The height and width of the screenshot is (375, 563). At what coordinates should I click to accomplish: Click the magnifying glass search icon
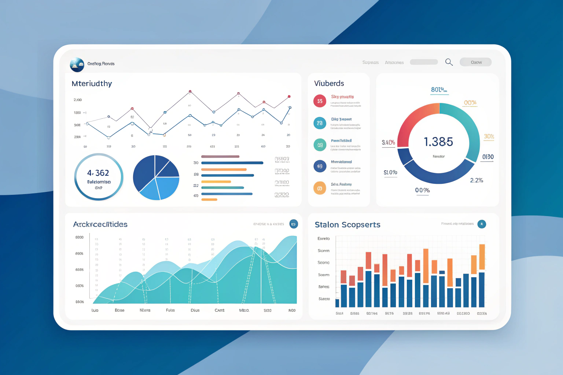449,62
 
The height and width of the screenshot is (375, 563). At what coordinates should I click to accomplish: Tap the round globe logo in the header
77,64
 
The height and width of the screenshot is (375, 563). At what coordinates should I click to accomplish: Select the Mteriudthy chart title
92,83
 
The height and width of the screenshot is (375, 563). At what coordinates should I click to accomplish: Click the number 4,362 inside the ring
98,173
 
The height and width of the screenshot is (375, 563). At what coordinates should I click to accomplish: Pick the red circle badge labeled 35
320,101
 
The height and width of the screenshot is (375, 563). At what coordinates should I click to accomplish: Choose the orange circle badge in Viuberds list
320,188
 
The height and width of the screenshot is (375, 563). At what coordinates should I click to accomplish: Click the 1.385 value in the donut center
438,142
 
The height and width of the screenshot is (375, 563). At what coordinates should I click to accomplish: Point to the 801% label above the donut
439,90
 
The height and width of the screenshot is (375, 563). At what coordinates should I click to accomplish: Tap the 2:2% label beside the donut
476,180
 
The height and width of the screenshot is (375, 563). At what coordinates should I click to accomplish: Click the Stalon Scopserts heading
347,224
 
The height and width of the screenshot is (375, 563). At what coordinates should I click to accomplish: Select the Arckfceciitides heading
100,224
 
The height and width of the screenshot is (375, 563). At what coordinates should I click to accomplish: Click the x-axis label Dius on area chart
195,310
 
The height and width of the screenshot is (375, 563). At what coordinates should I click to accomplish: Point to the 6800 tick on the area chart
80,237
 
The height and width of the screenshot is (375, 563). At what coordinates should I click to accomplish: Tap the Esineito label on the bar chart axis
324,238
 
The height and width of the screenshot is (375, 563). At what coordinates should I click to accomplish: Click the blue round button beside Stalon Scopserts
482,224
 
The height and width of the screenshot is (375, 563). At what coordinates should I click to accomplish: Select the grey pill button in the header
476,62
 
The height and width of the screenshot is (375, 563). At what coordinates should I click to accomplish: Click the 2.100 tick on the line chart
78,100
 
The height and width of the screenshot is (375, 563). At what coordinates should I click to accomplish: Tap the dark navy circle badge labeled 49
320,166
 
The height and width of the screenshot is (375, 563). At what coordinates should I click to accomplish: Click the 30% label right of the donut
489,137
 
